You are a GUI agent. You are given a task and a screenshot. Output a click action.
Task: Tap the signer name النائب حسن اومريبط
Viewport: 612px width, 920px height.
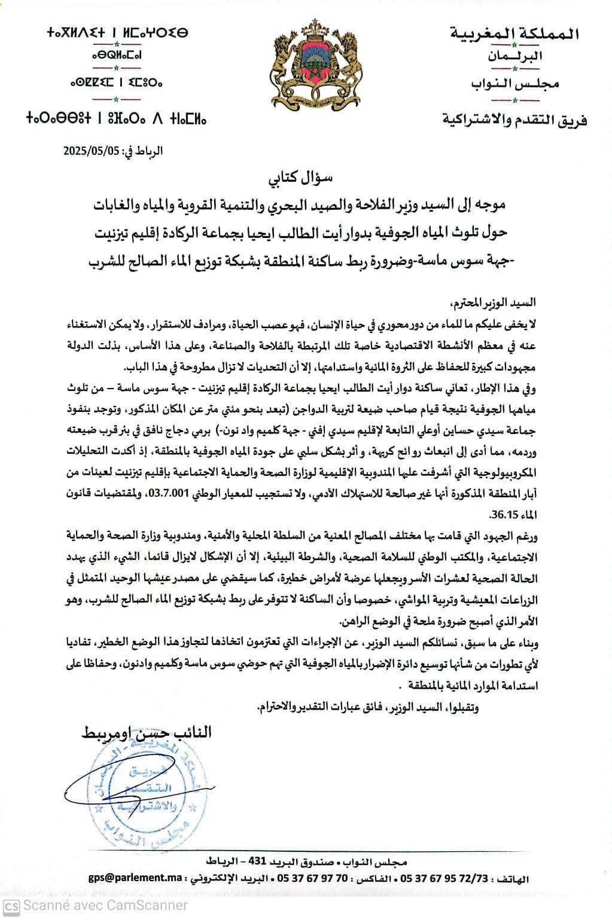[147, 733]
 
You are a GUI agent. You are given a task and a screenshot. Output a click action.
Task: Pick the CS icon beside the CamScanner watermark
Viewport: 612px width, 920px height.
[12, 906]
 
